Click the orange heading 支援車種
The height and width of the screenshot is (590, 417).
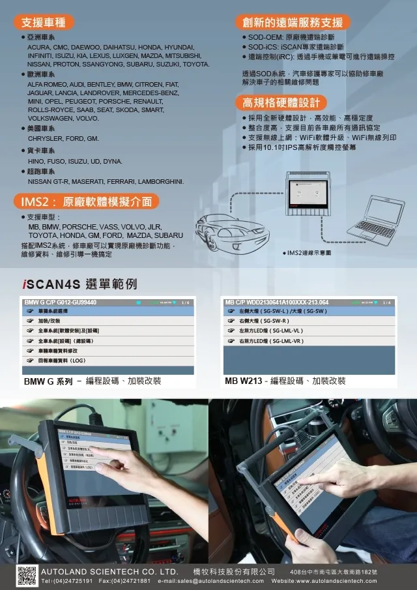tap(44, 22)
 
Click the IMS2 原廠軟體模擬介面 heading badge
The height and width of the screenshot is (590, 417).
tap(86, 201)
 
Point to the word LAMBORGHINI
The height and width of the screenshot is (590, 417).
tap(158, 181)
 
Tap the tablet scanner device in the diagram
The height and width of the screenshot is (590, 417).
tap(312, 196)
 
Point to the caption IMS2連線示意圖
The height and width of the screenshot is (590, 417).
tap(308, 252)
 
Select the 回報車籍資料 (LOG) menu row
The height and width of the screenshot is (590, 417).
tap(62, 360)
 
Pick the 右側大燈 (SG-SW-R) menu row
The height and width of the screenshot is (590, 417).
tap(263, 321)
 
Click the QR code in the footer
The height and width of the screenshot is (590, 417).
tap(26, 576)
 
